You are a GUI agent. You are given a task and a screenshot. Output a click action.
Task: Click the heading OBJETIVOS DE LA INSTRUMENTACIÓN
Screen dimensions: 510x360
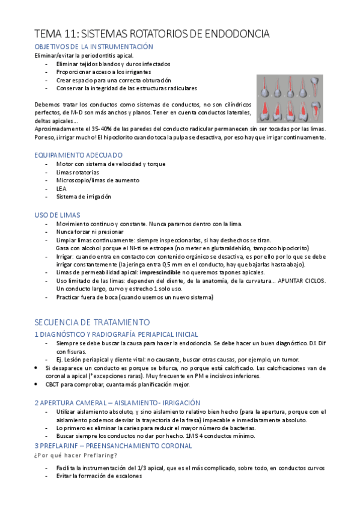94,47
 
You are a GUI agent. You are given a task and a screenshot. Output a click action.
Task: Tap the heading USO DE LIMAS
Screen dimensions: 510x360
58,215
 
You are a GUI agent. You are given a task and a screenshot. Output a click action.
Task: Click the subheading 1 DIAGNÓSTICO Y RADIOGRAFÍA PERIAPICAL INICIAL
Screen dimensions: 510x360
116,334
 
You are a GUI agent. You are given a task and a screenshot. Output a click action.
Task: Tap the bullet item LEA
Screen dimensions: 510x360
61,188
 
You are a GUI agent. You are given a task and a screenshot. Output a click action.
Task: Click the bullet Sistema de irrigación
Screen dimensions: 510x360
84,197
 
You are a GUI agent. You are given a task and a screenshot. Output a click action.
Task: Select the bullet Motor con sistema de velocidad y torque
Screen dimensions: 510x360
110,164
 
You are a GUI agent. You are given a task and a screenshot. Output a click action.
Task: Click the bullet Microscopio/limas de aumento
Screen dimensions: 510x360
97,180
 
